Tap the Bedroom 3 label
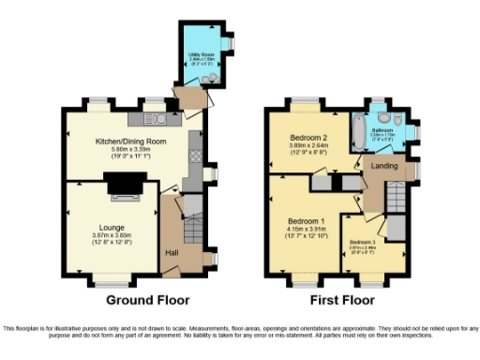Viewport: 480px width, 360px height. tap(366, 242)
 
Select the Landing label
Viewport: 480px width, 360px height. tap(383, 168)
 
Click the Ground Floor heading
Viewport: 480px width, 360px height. tap(147, 301)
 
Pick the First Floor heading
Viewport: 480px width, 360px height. tap(342, 301)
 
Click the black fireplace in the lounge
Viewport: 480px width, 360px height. tap(121, 187)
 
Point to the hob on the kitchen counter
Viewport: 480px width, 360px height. tap(195, 141)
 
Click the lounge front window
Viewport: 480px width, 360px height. tap(112, 281)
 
